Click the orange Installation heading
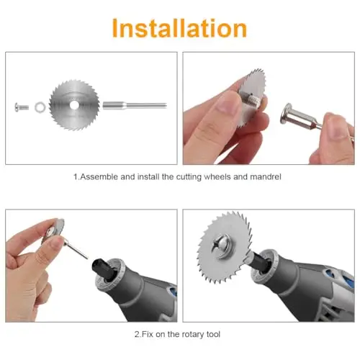179,28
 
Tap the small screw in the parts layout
22,107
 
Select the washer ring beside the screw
40,107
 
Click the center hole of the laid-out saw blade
74,105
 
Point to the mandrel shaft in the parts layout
135,105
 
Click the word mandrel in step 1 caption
266,177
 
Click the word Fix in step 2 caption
147,334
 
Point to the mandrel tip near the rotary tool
87,258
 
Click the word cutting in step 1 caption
189,177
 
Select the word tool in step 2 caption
212,334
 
